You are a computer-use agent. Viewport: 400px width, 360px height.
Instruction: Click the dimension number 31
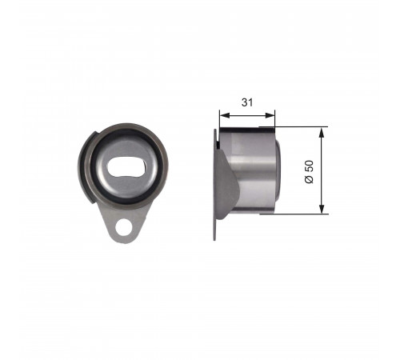point(247,102)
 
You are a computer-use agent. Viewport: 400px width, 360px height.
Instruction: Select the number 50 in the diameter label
point(309,166)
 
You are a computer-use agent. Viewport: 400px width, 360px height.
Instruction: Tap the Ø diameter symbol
point(309,179)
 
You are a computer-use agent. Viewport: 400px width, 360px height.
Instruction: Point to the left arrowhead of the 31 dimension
point(224,115)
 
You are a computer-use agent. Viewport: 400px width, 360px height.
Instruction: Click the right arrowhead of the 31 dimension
point(270,115)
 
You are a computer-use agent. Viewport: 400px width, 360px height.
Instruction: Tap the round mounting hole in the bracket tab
point(124,227)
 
